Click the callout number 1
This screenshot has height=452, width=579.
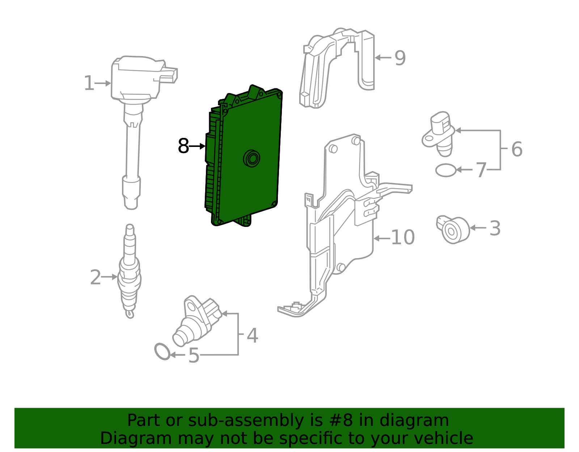tap(89, 83)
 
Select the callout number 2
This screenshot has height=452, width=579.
tap(95, 277)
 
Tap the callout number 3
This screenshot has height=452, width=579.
tap(495, 228)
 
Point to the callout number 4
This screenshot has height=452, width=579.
tap(252, 335)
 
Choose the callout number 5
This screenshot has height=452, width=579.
tap(194, 355)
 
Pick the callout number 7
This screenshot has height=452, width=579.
tap(481, 170)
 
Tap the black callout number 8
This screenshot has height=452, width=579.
tap(183, 146)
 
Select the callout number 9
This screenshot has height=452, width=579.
tap(400, 58)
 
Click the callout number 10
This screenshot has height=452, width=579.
tap(403, 238)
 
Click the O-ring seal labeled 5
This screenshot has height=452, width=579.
tap(162, 351)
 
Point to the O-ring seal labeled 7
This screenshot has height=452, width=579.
tap(446, 170)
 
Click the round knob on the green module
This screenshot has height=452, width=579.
tap(252, 159)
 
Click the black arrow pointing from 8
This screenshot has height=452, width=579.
tap(197, 146)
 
